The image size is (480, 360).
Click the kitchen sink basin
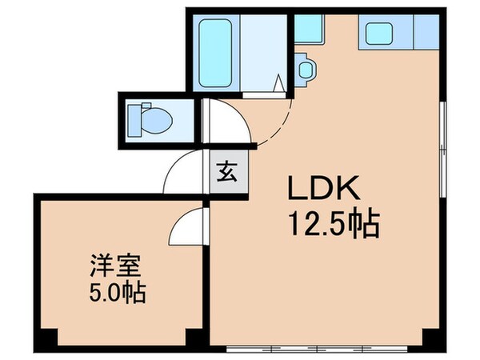coord(378,33)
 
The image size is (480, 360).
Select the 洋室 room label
coord(109,264)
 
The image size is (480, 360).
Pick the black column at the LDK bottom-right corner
coord(433,337)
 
